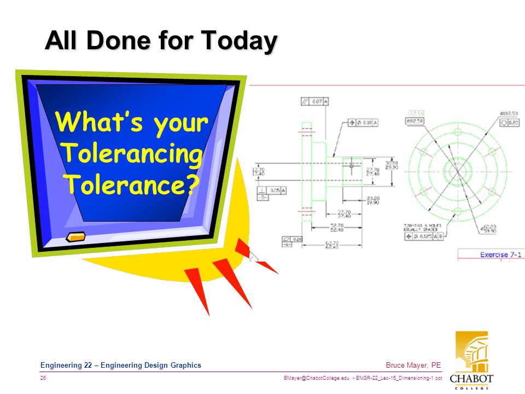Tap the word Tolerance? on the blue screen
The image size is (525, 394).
132,184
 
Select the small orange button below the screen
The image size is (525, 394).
75,237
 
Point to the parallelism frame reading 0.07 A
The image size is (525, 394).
315,101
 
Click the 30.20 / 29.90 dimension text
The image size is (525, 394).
391,165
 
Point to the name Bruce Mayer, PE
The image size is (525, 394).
413,366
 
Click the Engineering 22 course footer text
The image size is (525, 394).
121,366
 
